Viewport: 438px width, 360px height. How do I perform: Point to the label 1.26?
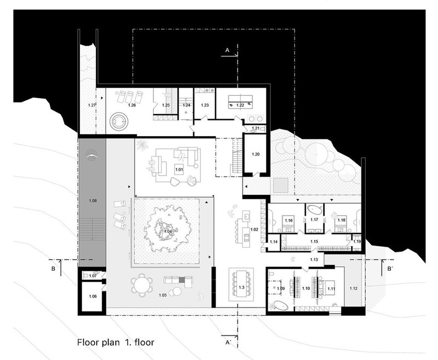131,104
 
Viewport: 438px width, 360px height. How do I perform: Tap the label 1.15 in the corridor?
313,241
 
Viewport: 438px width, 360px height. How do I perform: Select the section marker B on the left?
52,269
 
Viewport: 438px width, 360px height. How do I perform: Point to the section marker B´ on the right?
390,269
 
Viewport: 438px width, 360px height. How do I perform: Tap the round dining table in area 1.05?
143,284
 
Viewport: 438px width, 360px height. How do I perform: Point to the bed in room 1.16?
288,223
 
